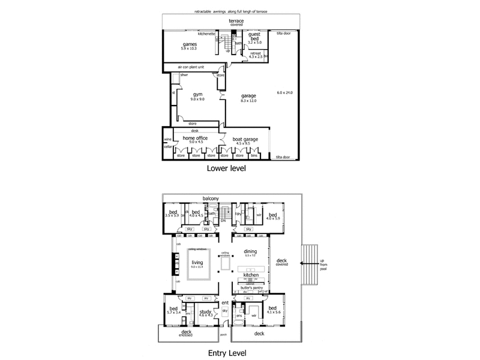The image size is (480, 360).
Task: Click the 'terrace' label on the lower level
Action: point(235,20)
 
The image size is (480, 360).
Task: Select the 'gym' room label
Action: point(197,94)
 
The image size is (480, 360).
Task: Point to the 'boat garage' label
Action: point(246,139)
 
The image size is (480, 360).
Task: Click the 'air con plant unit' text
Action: point(192,67)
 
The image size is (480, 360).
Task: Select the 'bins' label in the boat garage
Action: point(254,156)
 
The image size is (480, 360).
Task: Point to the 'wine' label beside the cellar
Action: point(167,139)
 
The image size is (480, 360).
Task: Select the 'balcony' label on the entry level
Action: point(209,198)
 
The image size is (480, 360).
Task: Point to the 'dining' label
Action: point(250,251)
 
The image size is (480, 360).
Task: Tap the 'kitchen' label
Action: point(250,274)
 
